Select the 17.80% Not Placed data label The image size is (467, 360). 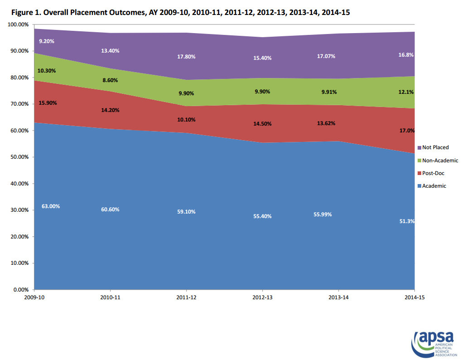tap(186, 57)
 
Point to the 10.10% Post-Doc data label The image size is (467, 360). tap(186, 120)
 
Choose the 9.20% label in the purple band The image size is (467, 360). tap(47, 41)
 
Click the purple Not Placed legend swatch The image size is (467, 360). tap(419, 147)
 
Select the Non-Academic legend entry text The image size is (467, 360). tap(440, 161)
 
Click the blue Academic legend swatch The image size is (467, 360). tap(419, 186)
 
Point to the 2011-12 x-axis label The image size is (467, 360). tap(186, 297)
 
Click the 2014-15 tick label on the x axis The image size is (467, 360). tap(414, 297)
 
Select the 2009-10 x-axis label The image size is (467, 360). tap(34, 297)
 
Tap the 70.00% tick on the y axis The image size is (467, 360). tap(18, 104)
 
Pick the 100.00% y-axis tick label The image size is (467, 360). tap(17, 24)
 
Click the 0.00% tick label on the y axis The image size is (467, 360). tap(20, 289)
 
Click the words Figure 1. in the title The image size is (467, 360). tap(27, 13)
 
